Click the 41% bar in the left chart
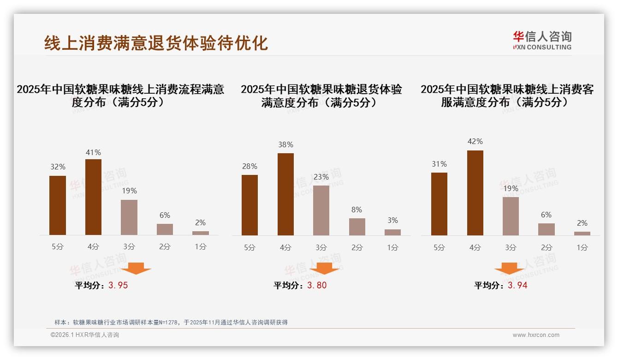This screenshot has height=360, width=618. click(x=93, y=197)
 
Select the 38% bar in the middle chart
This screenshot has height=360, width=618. click(x=285, y=194)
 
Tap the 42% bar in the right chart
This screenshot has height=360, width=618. click(x=475, y=193)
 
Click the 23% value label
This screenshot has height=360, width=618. click(x=321, y=177)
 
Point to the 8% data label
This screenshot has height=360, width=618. click(x=357, y=210)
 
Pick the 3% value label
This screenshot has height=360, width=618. click(x=392, y=221)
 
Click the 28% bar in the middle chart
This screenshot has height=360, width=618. click(x=250, y=205)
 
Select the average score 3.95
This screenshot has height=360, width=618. click(x=118, y=286)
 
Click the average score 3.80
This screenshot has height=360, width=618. click(x=317, y=286)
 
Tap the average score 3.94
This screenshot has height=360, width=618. click(x=517, y=286)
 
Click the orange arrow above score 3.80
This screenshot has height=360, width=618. click(x=324, y=268)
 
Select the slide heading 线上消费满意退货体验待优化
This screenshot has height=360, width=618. click(x=156, y=43)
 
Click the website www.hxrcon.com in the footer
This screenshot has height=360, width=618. click(x=536, y=335)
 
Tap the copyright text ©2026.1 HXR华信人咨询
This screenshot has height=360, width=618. click(x=85, y=335)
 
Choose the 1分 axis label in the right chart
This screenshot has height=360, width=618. click(x=582, y=248)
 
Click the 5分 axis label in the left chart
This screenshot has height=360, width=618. click(x=58, y=247)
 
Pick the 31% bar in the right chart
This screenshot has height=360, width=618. click(x=439, y=204)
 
